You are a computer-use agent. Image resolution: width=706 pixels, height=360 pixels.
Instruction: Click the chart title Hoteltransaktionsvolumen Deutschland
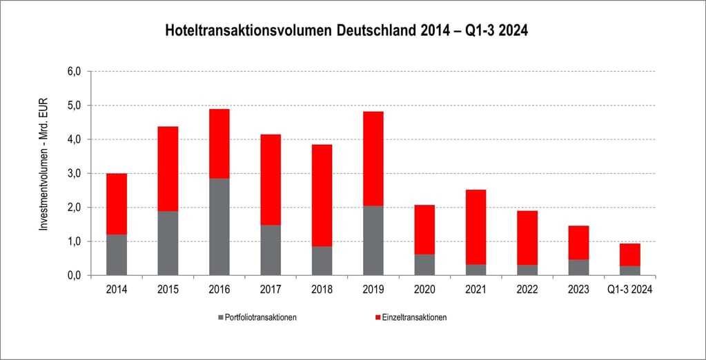pyautogui.click(x=346, y=31)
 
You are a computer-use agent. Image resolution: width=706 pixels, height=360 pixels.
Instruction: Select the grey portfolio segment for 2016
pyautogui.click(x=219, y=227)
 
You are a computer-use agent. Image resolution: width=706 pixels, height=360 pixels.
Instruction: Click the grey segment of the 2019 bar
pyautogui.click(x=373, y=241)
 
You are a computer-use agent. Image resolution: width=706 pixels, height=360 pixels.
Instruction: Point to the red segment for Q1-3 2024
pyautogui.click(x=630, y=254)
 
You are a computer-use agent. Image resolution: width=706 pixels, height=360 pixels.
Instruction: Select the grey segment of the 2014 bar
pyautogui.click(x=117, y=255)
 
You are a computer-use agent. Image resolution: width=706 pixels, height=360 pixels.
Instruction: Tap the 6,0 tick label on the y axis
pyautogui.click(x=74, y=72)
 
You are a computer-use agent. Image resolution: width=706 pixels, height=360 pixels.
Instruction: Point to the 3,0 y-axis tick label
pyautogui.click(x=74, y=174)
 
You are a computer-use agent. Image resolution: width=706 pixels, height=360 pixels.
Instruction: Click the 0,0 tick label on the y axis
pyautogui.click(x=74, y=276)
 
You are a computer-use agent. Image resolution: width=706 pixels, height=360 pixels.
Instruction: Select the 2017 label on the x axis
pyautogui.click(x=271, y=290)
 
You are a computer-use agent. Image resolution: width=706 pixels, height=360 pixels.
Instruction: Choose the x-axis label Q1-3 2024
pyautogui.click(x=630, y=290)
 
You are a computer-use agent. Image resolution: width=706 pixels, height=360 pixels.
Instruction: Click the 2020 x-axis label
pyautogui.click(x=424, y=290)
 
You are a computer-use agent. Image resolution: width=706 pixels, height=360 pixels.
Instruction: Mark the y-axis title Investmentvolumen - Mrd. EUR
pyautogui.click(x=43, y=172)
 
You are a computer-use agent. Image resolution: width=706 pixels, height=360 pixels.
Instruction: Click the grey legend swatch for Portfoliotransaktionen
pyautogui.click(x=221, y=317)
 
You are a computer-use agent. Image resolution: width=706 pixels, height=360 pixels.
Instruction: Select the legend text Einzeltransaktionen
pyautogui.click(x=414, y=317)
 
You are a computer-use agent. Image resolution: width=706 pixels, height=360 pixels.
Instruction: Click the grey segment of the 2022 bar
pyautogui.click(x=527, y=270)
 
